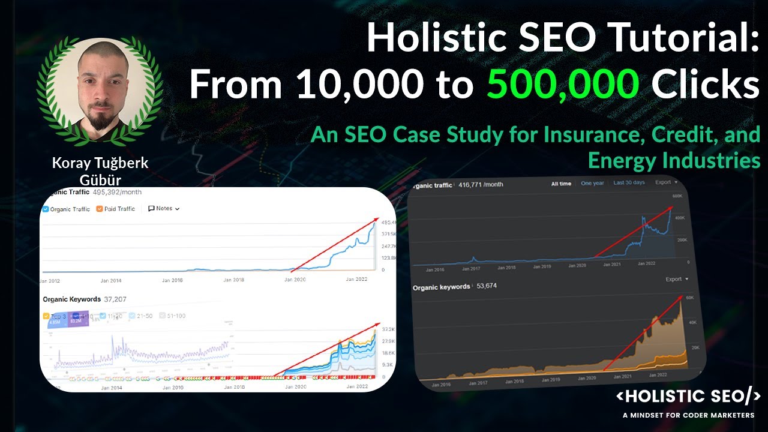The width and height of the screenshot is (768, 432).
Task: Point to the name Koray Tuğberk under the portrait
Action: pyautogui.click(x=100, y=163)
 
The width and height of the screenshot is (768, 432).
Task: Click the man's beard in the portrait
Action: pyautogui.click(x=100, y=119)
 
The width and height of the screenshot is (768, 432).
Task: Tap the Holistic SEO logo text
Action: pyautogui.click(x=689, y=397)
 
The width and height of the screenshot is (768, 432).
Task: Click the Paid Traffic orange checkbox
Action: pyautogui.click(x=100, y=209)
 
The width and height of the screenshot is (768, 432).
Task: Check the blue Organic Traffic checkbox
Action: pyautogui.click(x=46, y=209)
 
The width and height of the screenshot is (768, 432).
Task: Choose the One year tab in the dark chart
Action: pyautogui.click(x=592, y=183)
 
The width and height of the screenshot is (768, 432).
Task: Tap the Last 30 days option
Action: pyautogui.click(x=629, y=182)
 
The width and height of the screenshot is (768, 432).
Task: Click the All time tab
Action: pyautogui.click(x=561, y=184)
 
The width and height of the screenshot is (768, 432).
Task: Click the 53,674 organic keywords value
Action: pyautogui.click(x=484, y=286)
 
